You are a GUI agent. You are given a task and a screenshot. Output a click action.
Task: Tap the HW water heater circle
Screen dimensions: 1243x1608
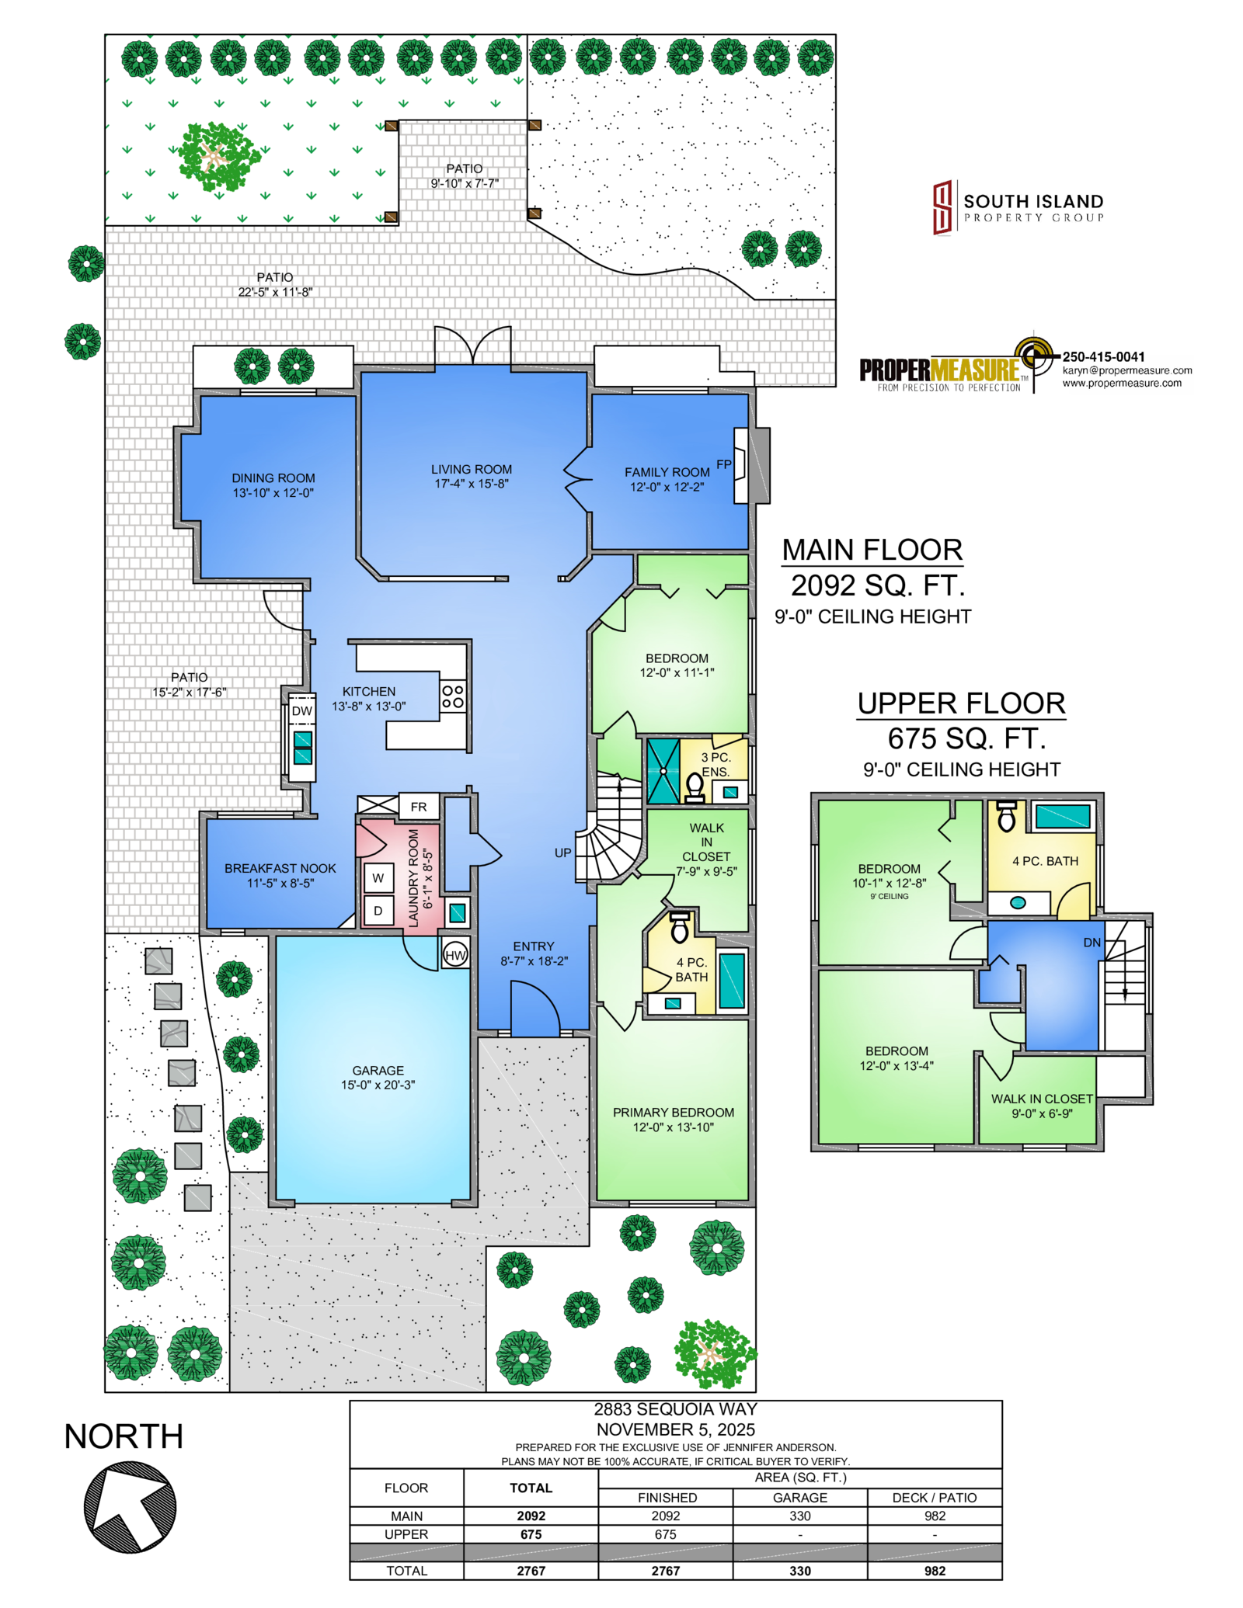[x=455, y=955]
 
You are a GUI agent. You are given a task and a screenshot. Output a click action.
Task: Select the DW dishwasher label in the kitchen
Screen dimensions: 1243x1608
[x=302, y=711]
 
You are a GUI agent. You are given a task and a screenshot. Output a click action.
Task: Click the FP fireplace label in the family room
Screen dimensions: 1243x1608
[x=723, y=464]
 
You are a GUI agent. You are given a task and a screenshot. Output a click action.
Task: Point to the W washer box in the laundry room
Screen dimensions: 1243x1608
[x=378, y=878]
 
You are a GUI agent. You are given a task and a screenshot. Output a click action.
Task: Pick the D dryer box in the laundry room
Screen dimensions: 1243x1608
[x=378, y=911]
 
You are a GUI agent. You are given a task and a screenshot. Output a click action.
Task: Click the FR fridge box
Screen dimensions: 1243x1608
[x=419, y=807]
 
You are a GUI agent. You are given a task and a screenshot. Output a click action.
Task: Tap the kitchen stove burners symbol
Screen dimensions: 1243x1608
[x=453, y=696]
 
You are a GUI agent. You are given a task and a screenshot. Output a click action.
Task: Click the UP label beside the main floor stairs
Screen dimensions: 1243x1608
[x=562, y=853]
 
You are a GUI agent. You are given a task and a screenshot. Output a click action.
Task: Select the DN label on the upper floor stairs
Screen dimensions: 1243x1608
[x=1092, y=943]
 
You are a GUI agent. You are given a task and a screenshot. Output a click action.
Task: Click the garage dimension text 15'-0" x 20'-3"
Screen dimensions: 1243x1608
[x=378, y=1085]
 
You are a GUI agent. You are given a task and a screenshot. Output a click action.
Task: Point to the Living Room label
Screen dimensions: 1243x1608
[x=472, y=469]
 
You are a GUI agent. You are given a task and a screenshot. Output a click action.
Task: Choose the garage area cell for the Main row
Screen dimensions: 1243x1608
[x=800, y=1516]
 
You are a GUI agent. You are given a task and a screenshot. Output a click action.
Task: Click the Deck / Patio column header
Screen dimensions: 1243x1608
[x=935, y=1498]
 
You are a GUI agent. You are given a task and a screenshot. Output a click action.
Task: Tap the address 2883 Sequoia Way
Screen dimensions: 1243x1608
[x=675, y=1409]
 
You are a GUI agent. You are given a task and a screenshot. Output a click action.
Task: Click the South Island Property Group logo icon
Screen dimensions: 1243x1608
[x=942, y=207]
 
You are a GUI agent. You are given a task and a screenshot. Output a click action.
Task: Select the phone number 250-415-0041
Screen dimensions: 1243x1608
[x=1103, y=356]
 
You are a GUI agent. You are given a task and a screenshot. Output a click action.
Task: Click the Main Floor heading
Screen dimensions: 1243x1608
[x=872, y=550]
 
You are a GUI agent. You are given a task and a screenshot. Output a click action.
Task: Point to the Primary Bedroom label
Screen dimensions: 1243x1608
[x=674, y=1113]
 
